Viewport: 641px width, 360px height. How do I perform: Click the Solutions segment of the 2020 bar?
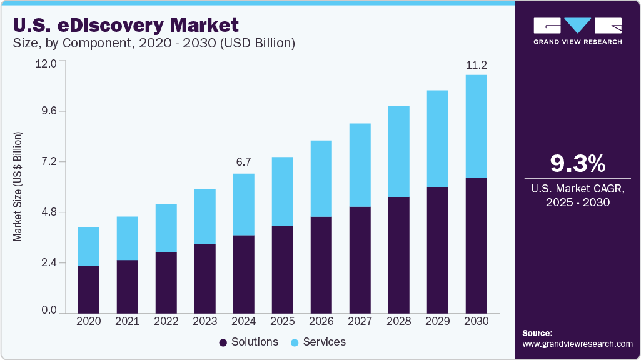[x=88, y=289]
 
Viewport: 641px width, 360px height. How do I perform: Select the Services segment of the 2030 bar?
[x=476, y=126]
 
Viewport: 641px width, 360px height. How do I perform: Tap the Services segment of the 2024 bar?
[x=243, y=204]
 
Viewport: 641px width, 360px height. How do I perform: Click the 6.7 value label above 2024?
[x=243, y=162]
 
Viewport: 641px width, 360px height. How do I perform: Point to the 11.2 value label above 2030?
[x=476, y=64]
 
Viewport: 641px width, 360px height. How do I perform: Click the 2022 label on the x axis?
[x=166, y=321]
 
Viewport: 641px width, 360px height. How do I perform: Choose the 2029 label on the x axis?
[x=437, y=321]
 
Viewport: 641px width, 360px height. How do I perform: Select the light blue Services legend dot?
[x=295, y=342]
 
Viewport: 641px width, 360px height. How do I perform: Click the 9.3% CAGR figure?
[x=577, y=164]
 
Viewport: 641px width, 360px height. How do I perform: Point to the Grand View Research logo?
[x=577, y=31]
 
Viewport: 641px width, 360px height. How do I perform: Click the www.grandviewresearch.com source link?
[x=577, y=344]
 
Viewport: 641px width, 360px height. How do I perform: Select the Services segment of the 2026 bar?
[x=321, y=178]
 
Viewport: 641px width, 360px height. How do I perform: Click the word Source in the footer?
[x=537, y=334]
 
